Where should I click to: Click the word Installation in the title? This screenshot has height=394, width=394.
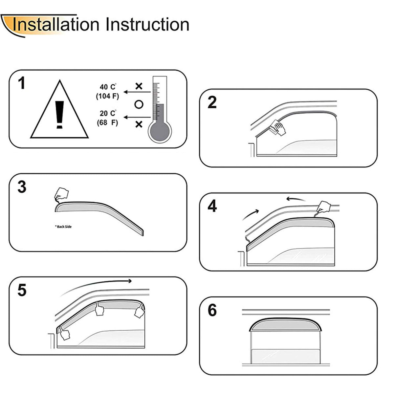coord(56,25)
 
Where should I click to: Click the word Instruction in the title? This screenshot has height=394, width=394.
coord(147,25)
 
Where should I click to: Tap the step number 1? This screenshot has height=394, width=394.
coord(22,83)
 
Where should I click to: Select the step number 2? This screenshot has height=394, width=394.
coord(212,102)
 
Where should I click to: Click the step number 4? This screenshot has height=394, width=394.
coord(212,206)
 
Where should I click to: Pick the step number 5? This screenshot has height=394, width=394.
coord(22,290)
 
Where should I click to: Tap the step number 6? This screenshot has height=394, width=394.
coord(212,310)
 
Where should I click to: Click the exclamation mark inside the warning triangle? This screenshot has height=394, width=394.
coord(59,115)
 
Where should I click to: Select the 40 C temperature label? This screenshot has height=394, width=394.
coord(108,87)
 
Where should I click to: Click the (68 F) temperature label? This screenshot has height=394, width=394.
coord(107,122)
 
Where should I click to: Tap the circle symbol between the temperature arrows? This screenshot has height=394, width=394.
coord(139,104)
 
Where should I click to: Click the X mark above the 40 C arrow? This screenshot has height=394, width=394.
coord(139,86)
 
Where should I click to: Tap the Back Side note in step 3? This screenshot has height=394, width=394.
coord(63,227)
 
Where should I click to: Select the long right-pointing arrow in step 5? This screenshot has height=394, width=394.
coord(96,285)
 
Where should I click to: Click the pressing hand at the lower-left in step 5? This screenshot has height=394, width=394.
coord(64,334)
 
